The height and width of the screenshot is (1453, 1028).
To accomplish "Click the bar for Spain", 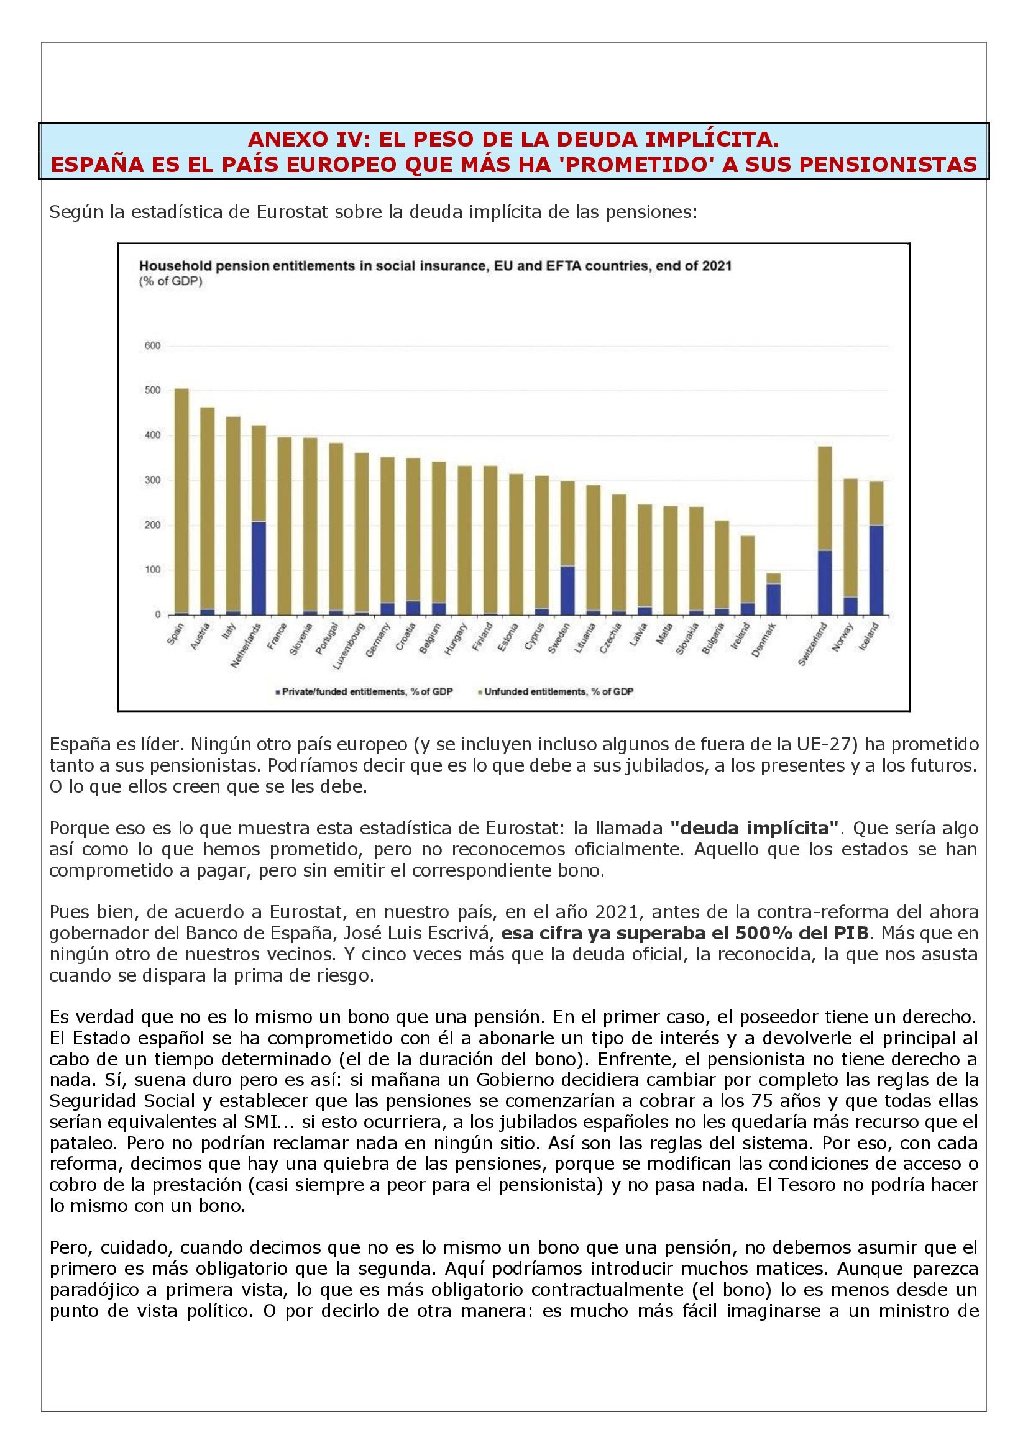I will pos(181,500).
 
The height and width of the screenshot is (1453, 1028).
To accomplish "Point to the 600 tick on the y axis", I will pos(152,346).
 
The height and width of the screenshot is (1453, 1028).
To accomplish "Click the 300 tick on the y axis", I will pos(152,480).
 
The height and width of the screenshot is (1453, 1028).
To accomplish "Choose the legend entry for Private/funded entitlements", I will pos(364,692).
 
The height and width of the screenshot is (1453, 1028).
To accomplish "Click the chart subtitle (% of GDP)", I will pos(171,282).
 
